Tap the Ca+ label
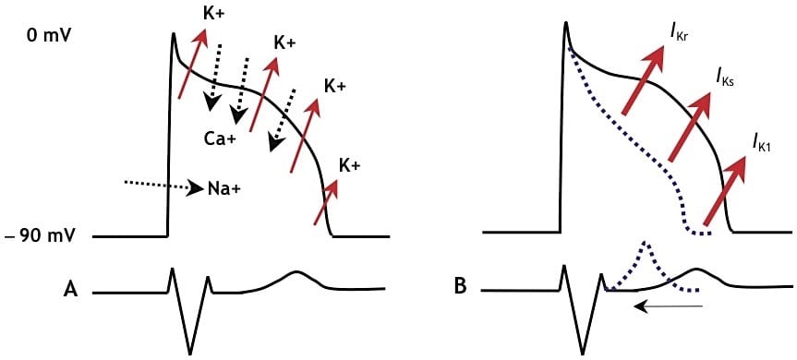[223, 139]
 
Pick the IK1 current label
[763, 142]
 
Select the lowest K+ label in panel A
[348, 167]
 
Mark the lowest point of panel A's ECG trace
[190, 354]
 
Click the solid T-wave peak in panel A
[296, 272]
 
